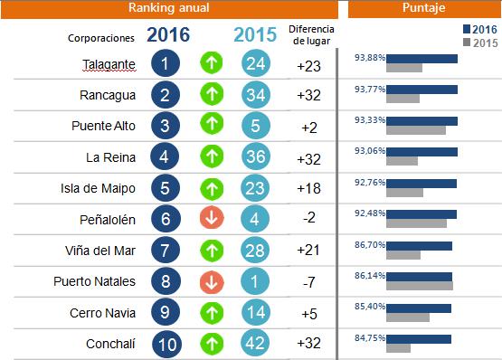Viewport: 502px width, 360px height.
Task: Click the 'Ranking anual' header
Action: point(168,8)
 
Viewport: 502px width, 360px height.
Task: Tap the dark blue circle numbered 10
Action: point(166,345)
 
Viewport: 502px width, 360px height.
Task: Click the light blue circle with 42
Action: point(256,345)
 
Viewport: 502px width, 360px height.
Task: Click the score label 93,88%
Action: point(372,58)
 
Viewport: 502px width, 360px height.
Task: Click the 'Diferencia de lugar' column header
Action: point(309,35)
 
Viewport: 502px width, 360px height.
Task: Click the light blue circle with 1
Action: point(256,282)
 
